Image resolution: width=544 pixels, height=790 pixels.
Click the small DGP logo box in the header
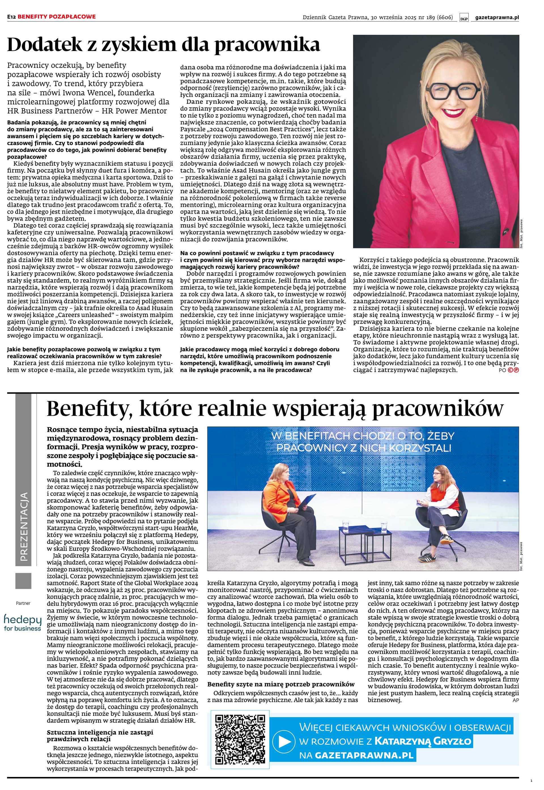tap(464, 18)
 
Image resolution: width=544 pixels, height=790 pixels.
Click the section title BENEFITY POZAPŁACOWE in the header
tap(57, 16)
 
